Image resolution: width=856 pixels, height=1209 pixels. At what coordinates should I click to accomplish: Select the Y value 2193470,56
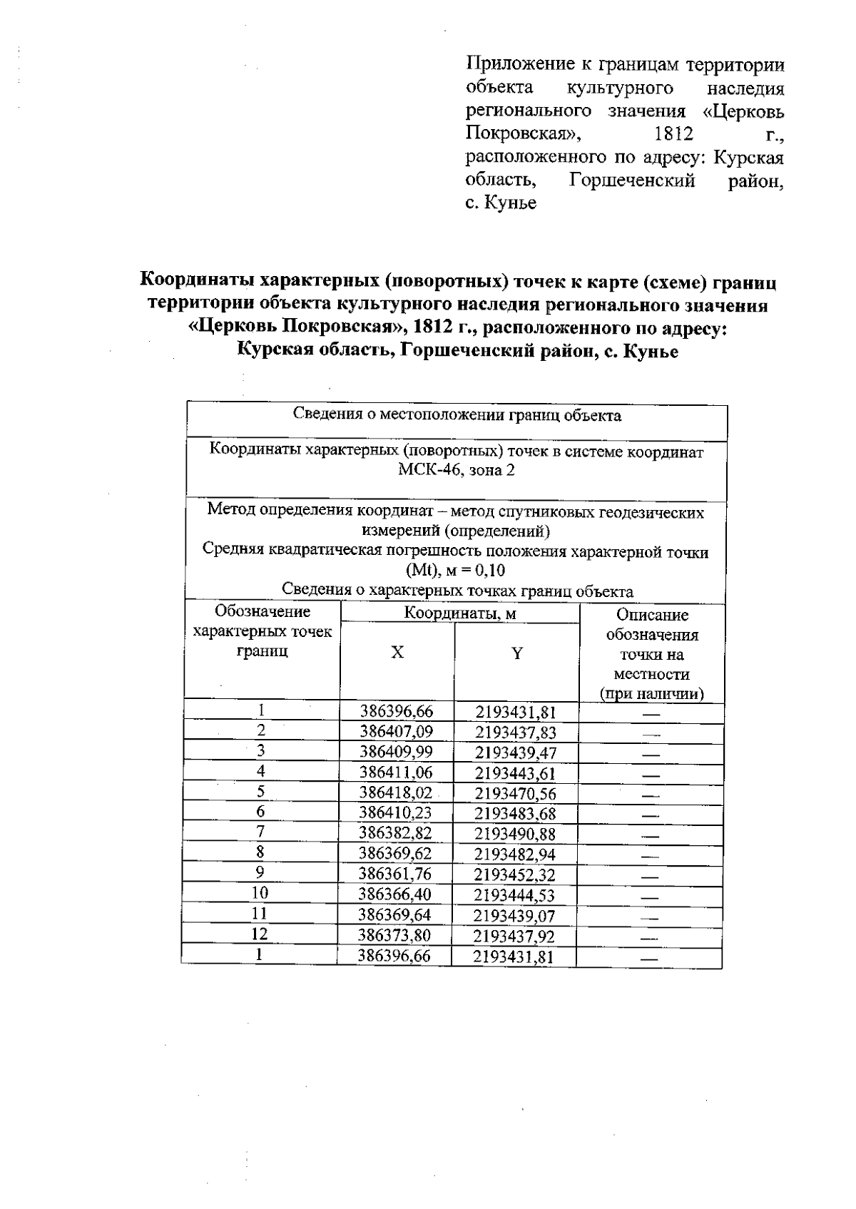point(515,794)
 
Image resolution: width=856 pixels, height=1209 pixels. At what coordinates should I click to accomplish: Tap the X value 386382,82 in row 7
point(395,833)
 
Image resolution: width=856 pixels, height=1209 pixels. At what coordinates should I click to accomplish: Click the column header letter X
point(397,653)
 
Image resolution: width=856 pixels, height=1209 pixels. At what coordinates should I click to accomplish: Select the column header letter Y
point(517,653)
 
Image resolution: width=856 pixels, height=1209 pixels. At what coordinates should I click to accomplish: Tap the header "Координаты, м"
point(460,613)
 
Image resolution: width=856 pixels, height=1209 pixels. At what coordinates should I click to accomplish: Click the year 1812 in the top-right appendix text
point(673,133)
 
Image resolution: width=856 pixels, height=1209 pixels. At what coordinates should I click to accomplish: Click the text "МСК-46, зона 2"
point(457,470)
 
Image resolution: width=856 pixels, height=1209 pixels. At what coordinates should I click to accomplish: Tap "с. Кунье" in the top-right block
point(501,203)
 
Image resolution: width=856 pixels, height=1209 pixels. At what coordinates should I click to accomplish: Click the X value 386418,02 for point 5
point(395,792)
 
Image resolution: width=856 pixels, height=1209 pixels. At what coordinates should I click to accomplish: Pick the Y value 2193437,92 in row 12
point(514,936)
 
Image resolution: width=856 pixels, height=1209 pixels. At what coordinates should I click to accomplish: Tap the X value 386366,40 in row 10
point(394,894)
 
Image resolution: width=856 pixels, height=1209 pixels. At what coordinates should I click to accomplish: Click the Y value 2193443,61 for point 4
point(515,773)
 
